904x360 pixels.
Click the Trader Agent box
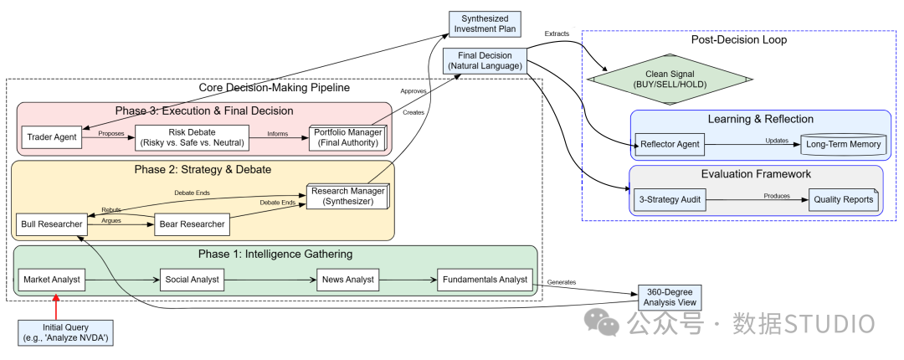pyautogui.click(x=53, y=136)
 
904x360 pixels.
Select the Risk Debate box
pyautogui.click(x=192, y=137)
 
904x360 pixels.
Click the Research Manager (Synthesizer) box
pyautogui.click(x=347, y=196)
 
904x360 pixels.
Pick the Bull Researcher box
pyautogui.click(x=52, y=224)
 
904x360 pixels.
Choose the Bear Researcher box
pyautogui.click(x=192, y=224)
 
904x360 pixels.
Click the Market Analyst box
pyautogui.click(x=52, y=280)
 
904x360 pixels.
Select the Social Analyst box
pyautogui.click(x=192, y=280)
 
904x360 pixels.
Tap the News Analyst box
pyautogui.click(x=348, y=280)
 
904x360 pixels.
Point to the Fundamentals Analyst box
pyautogui.click(x=485, y=280)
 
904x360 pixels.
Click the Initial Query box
pyautogui.click(x=65, y=332)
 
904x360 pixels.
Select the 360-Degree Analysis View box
pyautogui.click(x=670, y=298)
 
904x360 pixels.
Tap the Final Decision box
pyautogui.click(x=485, y=61)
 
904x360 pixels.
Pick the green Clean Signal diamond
pyautogui.click(x=670, y=80)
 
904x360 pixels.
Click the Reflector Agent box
pyautogui.click(x=670, y=144)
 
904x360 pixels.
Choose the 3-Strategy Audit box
pyautogui.click(x=670, y=200)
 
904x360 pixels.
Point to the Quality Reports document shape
pyautogui.click(x=843, y=200)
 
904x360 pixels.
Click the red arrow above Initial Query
pyautogui.click(x=56, y=306)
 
